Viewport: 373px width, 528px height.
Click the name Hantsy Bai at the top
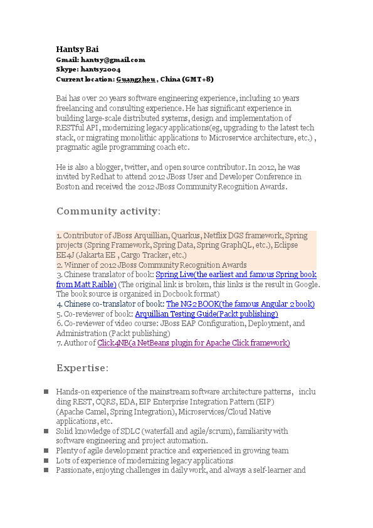(x=77, y=49)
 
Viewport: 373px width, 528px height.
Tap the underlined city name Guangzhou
(x=135, y=80)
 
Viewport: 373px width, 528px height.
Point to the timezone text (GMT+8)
(x=198, y=80)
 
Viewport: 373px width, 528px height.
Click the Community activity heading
(x=108, y=211)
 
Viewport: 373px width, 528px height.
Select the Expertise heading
(x=82, y=367)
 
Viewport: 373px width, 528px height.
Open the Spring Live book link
(x=236, y=275)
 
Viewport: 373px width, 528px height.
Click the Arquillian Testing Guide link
(x=206, y=314)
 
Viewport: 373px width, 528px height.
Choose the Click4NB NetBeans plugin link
(x=193, y=343)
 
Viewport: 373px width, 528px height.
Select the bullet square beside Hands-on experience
(x=46, y=392)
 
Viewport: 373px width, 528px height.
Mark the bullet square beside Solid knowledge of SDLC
(x=46, y=431)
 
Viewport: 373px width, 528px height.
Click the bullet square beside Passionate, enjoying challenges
(x=46, y=470)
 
